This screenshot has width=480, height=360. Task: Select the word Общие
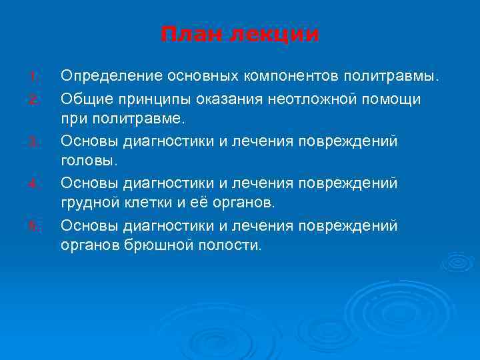tap(84, 99)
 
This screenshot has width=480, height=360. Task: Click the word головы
tap(89, 161)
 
